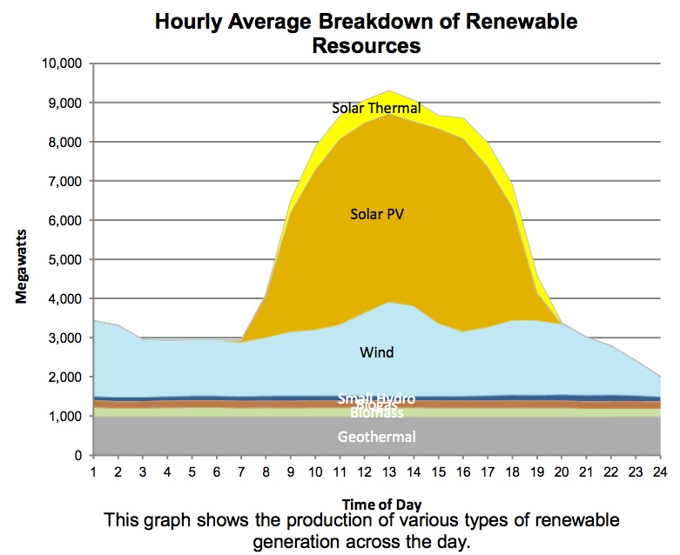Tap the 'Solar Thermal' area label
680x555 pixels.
click(376, 109)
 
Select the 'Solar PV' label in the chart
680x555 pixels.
click(377, 213)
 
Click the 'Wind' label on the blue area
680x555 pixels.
click(377, 352)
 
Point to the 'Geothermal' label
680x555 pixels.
click(377, 437)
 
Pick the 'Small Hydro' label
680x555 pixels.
click(377, 398)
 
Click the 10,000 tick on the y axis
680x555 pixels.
click(62, 64)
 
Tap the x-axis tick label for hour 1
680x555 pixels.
click(92, 471)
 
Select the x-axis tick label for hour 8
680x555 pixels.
click(266, 471)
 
